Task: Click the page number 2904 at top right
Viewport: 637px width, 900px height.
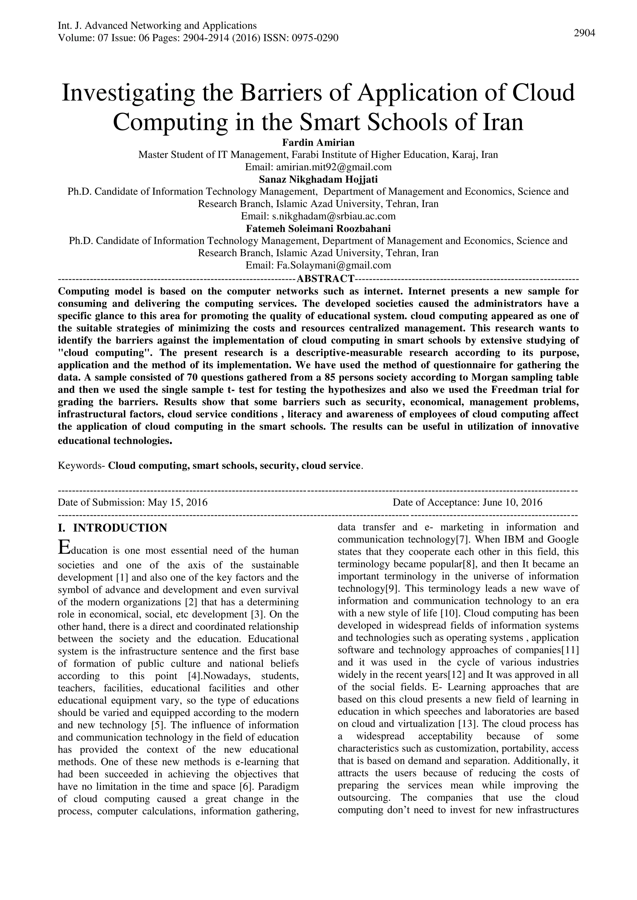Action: pyautogui.click(x=584, y=33)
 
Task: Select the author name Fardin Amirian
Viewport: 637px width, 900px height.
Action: pyautogui.click(x=318, y=142)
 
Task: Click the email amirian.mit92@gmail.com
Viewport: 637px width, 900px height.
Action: pyautogui.click(x=334, y=167)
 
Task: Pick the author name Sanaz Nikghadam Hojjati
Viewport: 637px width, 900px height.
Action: pyautogui.click(x=318, y=180)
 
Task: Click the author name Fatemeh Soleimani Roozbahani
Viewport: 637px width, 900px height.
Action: pyautogui.click(x=318, y=228)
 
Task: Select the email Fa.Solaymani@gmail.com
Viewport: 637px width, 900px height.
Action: pyautogui.click(x=334, y=265)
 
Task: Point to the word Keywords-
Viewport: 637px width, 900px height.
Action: pyautogui.click(x=81, y=466)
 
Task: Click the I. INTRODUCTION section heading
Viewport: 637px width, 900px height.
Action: pyautogui.click(x=113, y=528)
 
